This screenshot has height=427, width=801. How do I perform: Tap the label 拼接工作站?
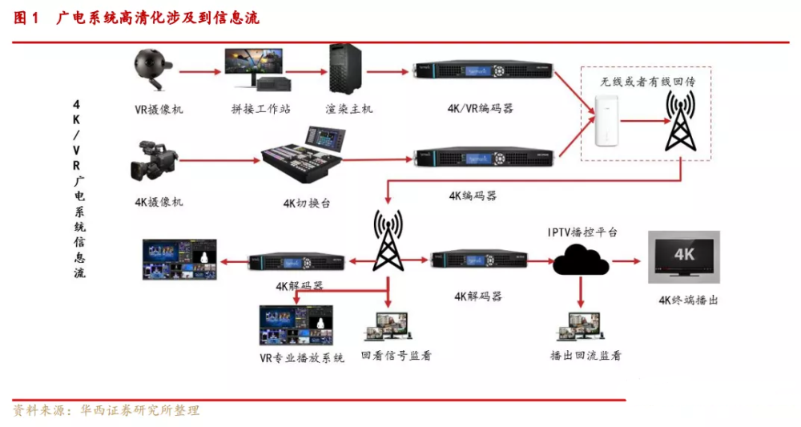pos(260,109)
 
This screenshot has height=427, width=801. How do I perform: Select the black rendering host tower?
pos(344,69)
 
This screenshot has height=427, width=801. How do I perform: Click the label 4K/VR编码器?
pos(480,108)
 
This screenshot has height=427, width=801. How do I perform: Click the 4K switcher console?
pos(304,155)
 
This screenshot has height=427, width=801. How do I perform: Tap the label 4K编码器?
pos(473,195)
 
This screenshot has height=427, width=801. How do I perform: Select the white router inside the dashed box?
pos(606,121)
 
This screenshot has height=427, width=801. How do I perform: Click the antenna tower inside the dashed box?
pos(680,121)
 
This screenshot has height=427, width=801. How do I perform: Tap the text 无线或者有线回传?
pos(647,81)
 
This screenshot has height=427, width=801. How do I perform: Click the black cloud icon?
pos(581,260)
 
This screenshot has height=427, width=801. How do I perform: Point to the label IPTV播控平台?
pos(582,232)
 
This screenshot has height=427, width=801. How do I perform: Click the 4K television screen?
pos(684,257)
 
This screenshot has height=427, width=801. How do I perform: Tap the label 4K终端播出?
pos(688,300)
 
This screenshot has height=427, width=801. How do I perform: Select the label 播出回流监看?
pos(586,356)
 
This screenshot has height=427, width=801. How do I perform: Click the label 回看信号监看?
pos(396,356)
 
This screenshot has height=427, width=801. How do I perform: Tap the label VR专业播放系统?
pos(301,358)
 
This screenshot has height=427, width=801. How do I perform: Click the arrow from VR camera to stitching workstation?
pos(199,72)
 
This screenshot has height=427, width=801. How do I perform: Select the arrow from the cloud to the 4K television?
pos(626,261)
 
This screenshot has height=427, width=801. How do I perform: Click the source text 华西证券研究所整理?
pos(139,410)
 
